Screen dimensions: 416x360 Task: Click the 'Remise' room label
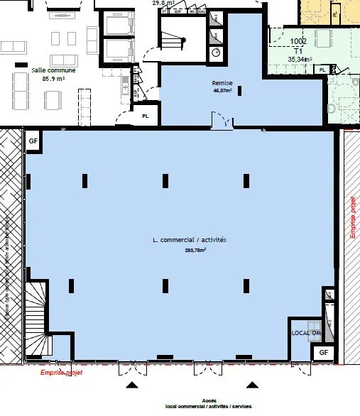click(x=218, y=83)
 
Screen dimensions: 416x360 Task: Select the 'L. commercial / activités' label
click(x=190, y=241)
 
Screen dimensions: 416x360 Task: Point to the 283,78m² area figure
click(x=190, y=250)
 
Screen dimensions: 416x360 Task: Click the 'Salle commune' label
click(x=48, y=70)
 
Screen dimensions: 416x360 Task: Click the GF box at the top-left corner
click(x=33, y=141)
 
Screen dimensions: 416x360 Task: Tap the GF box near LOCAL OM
click(x=322, y=352)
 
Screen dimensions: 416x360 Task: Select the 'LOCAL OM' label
click(x=307, y=332)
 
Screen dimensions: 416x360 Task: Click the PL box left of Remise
click(x=146, y=116)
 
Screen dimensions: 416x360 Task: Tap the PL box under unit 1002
click(x=323, y=70)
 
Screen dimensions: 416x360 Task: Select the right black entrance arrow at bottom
click(x=251, y=385)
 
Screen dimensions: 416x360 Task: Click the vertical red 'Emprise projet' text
click(x=353, y=217)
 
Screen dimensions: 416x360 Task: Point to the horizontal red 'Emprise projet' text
click(x=60, y=372)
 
